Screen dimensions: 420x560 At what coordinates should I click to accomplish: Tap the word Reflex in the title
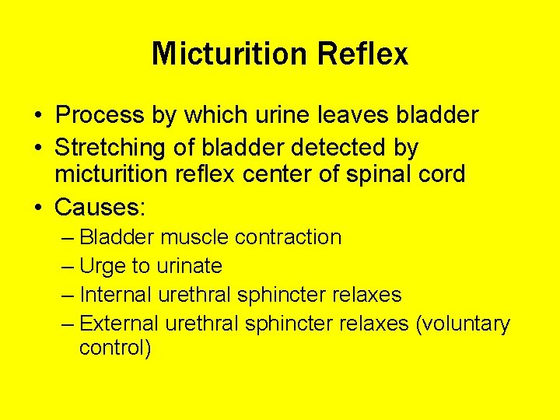point(362,54)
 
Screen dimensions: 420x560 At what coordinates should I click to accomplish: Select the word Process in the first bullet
point(100,116)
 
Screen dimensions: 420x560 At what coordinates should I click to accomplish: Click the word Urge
point(102,266)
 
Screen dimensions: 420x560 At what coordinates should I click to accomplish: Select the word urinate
point(189,266)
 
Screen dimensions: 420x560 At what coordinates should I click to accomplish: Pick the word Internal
point(116,295)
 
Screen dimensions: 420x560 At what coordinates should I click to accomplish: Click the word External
point(119,324)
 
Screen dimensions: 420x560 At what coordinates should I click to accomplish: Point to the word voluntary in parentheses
point(464,324)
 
